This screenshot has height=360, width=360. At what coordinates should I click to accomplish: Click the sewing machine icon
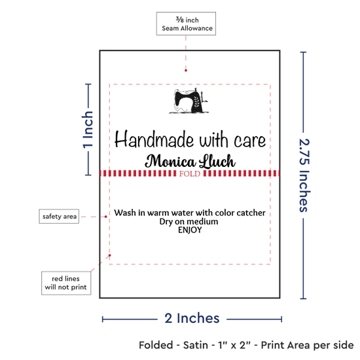pos(189,101)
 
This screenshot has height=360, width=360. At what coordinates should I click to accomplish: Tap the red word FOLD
pos(190,173)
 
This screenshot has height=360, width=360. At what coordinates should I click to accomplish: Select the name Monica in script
pos(171,161)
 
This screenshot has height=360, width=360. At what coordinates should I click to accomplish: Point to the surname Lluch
pos(217,161)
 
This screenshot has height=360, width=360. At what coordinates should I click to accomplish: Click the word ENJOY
pos(190,230)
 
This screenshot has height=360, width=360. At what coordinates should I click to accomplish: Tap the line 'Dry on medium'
pos(189,221)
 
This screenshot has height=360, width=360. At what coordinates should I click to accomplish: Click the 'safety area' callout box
pos(59,216)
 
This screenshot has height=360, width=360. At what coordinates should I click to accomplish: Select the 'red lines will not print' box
pos(66,283)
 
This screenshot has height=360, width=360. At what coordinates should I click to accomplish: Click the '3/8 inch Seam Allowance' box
pos(186,24)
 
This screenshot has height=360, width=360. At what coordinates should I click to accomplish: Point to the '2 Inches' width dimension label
pos(192,318)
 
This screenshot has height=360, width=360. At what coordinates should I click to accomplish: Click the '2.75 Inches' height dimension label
pos(304,175)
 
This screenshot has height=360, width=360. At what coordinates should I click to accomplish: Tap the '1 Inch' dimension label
pos(88,130)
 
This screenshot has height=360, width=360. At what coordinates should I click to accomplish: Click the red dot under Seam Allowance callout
pos(186,70)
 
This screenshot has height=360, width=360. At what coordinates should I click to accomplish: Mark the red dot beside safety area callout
pos(105,217)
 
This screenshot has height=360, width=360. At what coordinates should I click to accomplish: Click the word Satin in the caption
pos(196,345)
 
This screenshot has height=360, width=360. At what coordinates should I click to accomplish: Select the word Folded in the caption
pos(156,345)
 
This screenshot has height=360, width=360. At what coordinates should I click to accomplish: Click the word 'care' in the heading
pos(250,141)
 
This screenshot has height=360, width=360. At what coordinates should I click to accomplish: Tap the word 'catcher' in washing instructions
pos(251,213)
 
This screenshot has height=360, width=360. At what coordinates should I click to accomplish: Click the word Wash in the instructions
pos(125,213)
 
